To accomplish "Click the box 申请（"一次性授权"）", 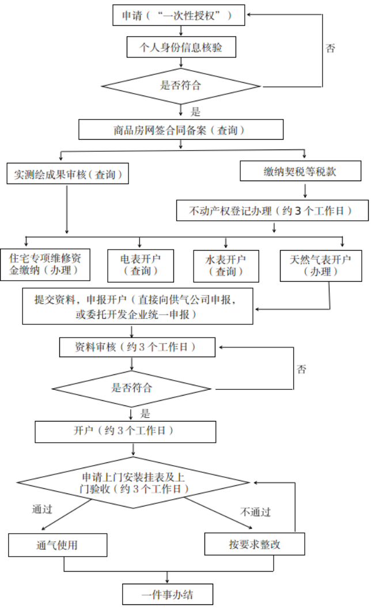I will click(x=178, y=16).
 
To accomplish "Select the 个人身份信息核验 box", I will click(x=181, y=48).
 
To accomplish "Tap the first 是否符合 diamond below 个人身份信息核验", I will click(x=181, y=86).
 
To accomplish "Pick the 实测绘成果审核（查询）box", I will click(x=67, y=174).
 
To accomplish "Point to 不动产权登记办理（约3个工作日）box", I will click(x=272, y=210).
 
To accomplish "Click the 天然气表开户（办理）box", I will click(x=321, y=265).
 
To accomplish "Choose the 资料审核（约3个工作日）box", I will click(x=137, y=347).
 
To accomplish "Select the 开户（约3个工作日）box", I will click(x=125, y=431).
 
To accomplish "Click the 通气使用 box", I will click(x=58, y=545).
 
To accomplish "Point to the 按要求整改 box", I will click(x=255, y=543).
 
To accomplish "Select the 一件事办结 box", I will click(x=168, y=594).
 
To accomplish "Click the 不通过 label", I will click(x=255, y=512).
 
